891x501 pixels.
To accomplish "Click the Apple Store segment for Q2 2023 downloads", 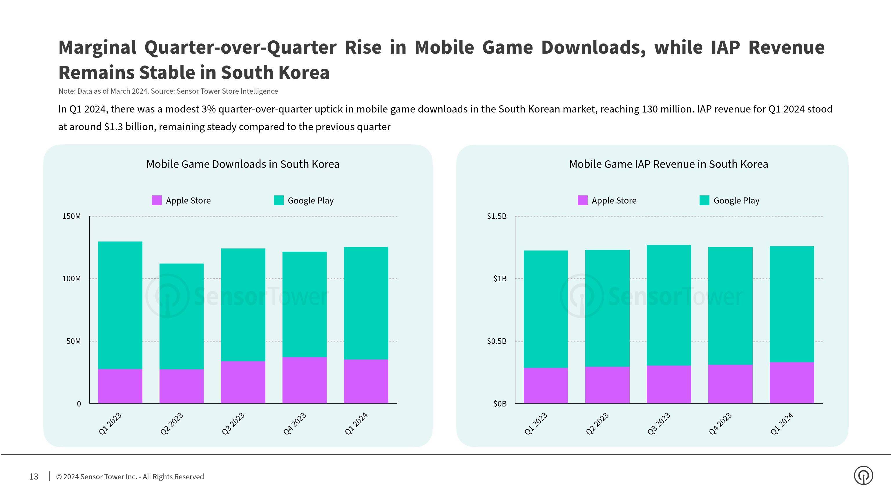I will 182,386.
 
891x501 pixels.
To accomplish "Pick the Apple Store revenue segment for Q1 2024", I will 792,382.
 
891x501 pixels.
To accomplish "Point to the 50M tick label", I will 73,341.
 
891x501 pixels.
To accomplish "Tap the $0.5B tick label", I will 497,341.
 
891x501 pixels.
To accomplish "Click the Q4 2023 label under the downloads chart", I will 295,424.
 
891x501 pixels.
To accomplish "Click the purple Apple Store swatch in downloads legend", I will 157,201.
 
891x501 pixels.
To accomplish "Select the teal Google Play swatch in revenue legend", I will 704,201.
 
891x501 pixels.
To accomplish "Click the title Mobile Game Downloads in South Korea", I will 243,164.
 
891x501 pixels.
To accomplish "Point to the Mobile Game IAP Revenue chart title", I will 668,164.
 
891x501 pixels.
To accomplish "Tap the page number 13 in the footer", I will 34,477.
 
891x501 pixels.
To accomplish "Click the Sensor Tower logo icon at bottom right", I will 863,476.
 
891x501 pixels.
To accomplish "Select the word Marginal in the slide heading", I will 97,47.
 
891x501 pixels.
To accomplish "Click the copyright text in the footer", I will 130,477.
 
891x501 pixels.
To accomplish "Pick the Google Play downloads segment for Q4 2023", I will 304,304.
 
